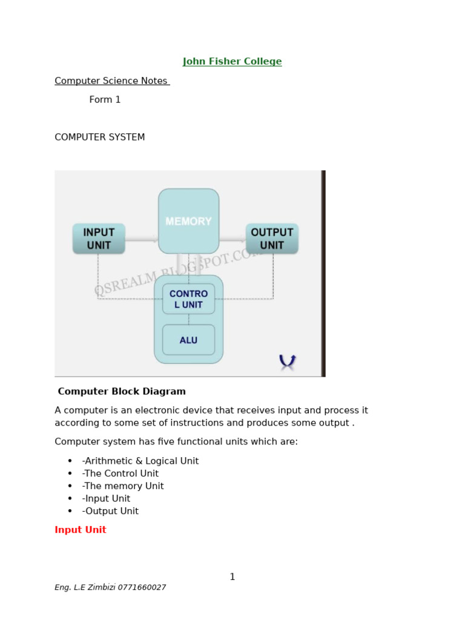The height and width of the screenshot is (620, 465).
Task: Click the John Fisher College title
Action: pos(232,62)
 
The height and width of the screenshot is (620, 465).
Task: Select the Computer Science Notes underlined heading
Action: pos(111,81)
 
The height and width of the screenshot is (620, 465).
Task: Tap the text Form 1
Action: pos(105,100)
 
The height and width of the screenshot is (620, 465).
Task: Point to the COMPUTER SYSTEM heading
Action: pos(100,137)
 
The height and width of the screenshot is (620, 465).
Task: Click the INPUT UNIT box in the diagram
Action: pos(99,239)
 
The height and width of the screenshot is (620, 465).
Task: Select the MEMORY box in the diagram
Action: pos(188,222)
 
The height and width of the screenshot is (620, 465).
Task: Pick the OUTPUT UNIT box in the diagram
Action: pos(272,239)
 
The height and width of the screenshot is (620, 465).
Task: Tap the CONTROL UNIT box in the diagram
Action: pos(188,299)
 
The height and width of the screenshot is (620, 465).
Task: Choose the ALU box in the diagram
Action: pos(188,340)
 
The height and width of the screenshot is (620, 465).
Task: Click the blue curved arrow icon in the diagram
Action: pos(287,361)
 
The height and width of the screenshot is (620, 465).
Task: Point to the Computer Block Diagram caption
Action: pos(122,392)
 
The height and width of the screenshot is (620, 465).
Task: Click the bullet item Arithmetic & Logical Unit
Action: pos(140,461)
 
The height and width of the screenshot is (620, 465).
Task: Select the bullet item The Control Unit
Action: pos(120,474)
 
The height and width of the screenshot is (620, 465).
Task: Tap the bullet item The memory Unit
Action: pos(122,486)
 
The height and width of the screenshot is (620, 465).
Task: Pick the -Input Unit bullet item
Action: pos(106,499)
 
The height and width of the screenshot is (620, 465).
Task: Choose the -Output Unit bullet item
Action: pos(110,512)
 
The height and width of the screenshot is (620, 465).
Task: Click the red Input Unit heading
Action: pos(81,530)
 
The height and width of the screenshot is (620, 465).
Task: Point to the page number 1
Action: pos(232,577)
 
